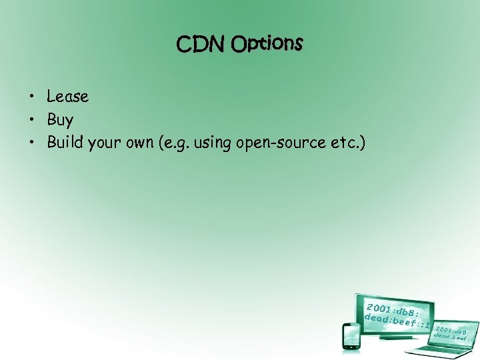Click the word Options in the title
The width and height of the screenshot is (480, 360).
tap(267, 44)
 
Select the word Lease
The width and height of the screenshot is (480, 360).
tap(67, 97)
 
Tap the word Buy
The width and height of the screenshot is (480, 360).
tap(60, 121)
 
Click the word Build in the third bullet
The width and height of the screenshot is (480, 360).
tap(65, 143)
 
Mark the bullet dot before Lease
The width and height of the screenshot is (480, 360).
tap(32, 97)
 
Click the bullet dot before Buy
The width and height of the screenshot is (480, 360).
tap(32, 121)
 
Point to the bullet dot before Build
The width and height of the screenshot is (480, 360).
tap(32, 143)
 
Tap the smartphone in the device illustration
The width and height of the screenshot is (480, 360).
tap(350, 335)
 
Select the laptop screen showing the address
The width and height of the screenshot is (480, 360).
tap(453, 331)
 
